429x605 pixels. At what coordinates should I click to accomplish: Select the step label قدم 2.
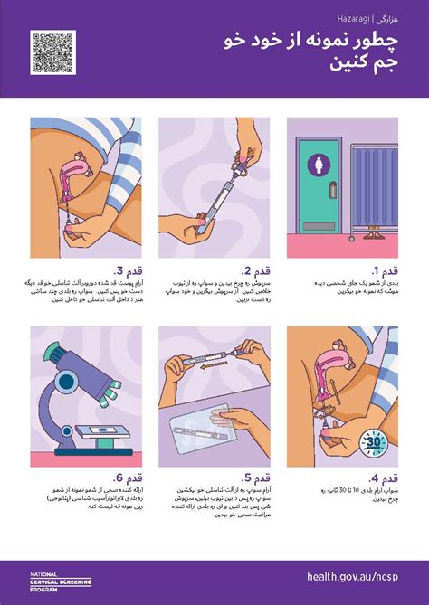[x=257, y=270]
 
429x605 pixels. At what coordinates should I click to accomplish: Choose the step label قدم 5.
[x=257, y=478]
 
